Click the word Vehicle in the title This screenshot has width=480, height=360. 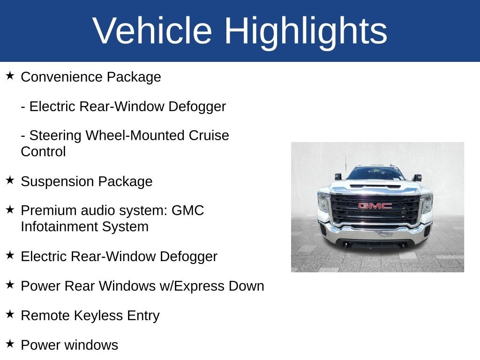[152, 30]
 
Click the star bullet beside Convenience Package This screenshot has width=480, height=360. [10, 75]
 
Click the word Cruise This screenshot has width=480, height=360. [209, 135]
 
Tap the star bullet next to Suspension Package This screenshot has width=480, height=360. [10, 180]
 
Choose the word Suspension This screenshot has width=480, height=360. [54, 181]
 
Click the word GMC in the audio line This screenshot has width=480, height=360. [187, 210]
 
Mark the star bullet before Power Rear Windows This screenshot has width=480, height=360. [10, 285]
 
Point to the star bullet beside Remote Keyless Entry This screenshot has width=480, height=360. [10, 314]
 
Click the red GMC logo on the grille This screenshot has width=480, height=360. [375, 206]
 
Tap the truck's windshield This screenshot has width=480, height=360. [376, 173]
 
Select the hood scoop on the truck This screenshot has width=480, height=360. [375, 186]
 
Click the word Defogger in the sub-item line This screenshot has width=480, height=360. [197, 107]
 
